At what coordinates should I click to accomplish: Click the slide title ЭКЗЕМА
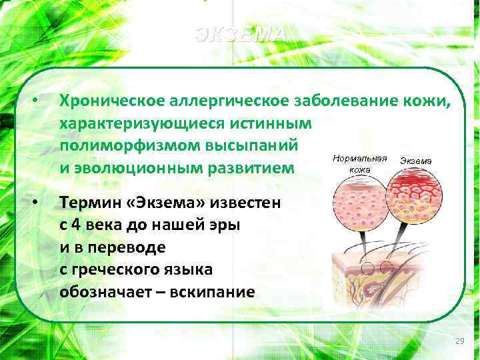click(241, 35)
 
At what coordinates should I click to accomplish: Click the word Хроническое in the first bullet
click(100, 101)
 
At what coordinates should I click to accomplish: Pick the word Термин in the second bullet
click(87, 202)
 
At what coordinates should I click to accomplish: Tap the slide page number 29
click(459, 341)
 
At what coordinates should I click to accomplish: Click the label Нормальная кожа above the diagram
click(360, 164)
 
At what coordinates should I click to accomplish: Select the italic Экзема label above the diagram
click(415, 161)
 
